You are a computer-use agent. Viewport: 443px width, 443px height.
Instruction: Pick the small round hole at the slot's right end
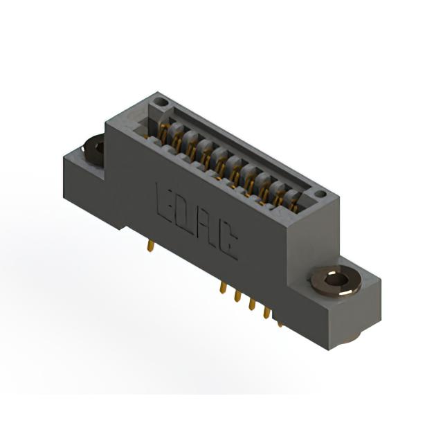[320, 194]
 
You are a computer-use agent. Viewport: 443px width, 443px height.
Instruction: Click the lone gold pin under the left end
[151, 246]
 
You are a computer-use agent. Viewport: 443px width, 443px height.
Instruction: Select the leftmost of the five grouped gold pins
[224, 288]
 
